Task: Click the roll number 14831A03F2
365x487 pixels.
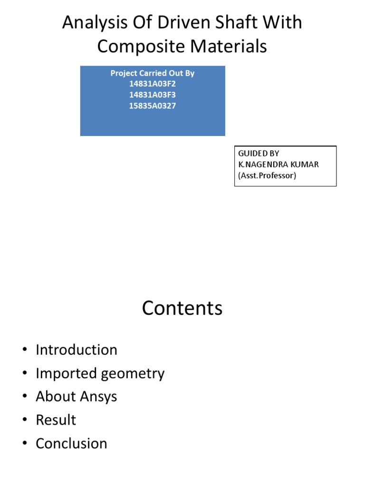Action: pyautogui.click(x=153, y=84)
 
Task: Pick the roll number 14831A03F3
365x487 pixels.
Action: pyautogui.click(x=153, y=95)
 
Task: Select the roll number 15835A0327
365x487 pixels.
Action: pyautogui.click(x=153, y=106)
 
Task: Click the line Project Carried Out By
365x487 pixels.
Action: pyautogui.click(x=153, y=73)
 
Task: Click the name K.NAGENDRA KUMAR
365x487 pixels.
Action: pyautogui.click(x=279, y=165)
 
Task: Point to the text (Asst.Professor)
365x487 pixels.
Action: pyautogui.click(x=267, y=175)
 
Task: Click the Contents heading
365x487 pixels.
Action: pyautogui.click(x=182, y=309)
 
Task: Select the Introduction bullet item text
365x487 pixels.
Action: pyautogui.click(x=77, y=350)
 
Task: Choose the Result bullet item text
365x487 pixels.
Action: pyautogui.click(x=56, y=420)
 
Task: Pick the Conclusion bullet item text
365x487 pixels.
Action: pyautogui.click(x=72, y=443)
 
